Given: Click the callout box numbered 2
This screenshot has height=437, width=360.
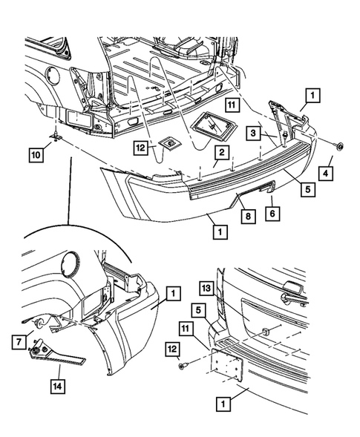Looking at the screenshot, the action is pos(222,152).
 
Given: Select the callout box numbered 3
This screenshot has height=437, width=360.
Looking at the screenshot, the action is pos(253,133).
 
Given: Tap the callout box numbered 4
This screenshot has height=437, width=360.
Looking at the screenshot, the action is pos(326,174).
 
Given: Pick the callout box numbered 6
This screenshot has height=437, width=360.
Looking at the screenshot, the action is pos(272,214).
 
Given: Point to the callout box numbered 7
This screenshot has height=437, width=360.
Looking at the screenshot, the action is pos(19,342).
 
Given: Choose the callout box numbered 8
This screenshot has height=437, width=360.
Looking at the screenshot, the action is pos(248,216).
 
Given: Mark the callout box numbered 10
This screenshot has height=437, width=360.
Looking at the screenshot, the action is pos(36,155).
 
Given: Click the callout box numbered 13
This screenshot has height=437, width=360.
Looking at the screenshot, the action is pos(206,289).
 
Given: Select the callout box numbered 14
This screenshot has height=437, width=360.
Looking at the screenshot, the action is pos(58,387).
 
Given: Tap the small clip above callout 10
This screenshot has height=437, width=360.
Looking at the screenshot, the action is pos(56,137).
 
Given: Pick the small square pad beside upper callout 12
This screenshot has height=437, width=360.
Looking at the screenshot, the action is pos(169,144).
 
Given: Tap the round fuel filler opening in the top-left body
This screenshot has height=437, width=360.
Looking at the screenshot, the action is pos(53,75).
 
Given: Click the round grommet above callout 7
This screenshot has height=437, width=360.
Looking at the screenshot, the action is pos(39,323).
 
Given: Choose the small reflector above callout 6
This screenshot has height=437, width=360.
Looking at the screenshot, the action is pos(267,188).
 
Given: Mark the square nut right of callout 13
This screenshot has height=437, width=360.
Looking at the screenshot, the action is pos(264,332).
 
